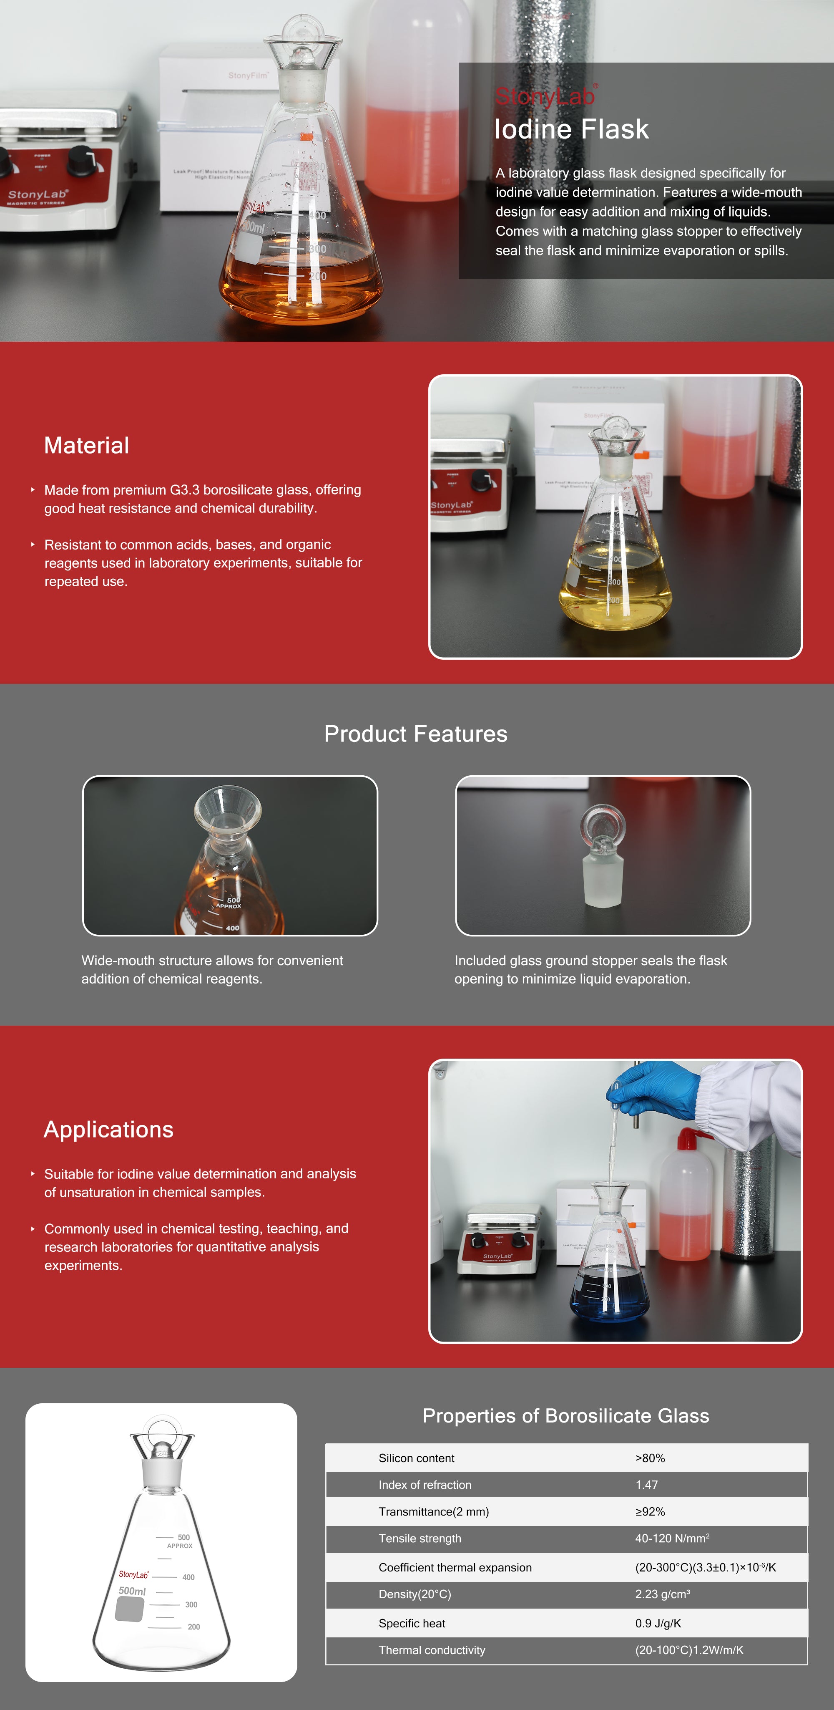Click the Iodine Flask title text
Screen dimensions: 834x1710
click(571, 129)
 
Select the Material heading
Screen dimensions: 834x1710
click(86, 445)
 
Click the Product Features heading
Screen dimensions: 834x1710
click(416, 734)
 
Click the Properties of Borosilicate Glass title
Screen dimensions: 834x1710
click(566, 1416)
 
